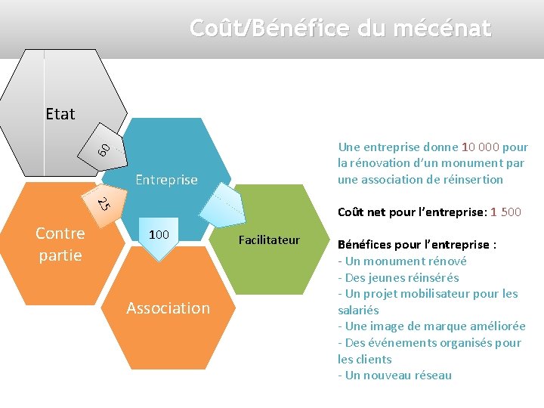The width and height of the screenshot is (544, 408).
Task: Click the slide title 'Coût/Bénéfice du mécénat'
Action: tap(340, 29)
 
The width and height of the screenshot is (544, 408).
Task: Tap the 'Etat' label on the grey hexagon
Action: tap(60, 114)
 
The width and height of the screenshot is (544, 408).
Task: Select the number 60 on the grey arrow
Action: tap(105, 149)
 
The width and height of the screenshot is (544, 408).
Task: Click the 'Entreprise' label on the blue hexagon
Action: tap(166, 180)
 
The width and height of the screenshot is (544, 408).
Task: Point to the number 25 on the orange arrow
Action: tap(105, 202)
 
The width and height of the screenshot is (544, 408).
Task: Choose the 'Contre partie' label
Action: tap(60, 244)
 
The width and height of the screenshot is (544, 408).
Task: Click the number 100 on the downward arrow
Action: tap(159, 235)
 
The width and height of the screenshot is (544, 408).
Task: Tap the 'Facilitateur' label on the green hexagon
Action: tap(269, 240)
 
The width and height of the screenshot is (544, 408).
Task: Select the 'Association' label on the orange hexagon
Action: tap(168, 308)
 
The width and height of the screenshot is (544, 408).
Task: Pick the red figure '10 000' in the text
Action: tap(480, 147)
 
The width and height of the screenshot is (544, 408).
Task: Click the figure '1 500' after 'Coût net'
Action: tap(505, 212)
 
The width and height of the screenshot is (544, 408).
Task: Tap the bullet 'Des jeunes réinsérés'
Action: tap(401, 277)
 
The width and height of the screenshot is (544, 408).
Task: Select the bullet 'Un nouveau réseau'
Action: tap(397, 376)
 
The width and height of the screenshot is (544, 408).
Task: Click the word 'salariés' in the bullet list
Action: tap(358, 310)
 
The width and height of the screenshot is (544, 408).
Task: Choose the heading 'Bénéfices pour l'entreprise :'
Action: tap(417, 245)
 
